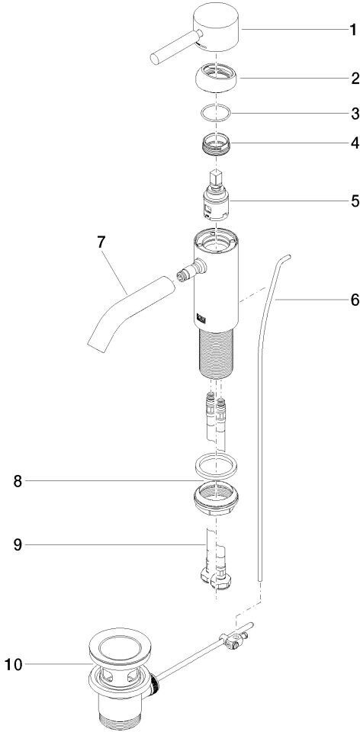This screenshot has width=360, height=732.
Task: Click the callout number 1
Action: click(353, 30)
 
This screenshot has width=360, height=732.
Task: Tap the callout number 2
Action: click(354, 79)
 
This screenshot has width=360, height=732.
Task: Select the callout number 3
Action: click(354, 114)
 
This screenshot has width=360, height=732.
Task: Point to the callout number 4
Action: click(354, 143)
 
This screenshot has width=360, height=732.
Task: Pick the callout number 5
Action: click(354, 201)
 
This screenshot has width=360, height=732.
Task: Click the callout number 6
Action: click(354, 299)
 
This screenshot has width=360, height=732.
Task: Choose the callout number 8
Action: click(18, 481)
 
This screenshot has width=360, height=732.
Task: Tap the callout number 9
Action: click(18, 544)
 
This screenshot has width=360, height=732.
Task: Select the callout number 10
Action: click(13, 664)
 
